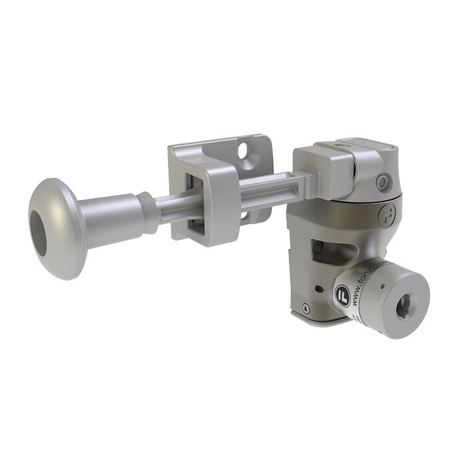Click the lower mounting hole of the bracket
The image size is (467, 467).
pos(247,215)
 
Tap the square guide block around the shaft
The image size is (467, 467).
pos(207,200)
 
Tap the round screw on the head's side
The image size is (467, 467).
pos(382,182)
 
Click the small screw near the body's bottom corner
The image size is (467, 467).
pos(306,308)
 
